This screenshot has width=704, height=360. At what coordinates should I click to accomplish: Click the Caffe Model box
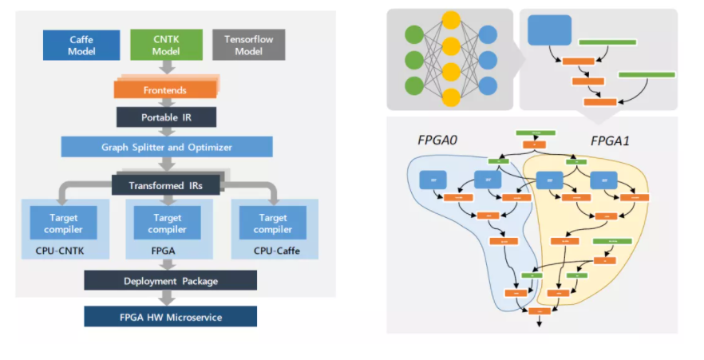(x=81, y=45)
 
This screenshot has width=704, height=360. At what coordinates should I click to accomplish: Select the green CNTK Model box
(x=166, y=45)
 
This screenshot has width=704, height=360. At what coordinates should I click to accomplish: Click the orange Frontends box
(x=165, y=89)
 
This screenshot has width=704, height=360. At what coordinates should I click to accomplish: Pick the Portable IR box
(x=166, y=117)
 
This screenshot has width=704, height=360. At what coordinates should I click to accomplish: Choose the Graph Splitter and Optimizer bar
(x=167, y=147)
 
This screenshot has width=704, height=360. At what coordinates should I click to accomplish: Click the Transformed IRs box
(x=166, y=184)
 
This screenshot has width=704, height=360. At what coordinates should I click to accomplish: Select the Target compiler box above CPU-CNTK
(x=63, y=223)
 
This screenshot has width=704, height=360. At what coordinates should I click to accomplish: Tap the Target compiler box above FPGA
(x=166, y=223)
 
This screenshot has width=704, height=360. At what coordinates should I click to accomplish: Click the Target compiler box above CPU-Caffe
(x=270, y=223)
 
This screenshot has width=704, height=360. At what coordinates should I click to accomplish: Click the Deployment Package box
(x=170, y=280)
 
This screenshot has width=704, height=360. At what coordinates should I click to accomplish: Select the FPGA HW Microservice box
(x=170, y=317)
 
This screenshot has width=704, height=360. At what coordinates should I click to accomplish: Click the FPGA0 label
(x=437, y=140)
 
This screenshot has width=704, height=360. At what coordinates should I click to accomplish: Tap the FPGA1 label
(x=611, y=140)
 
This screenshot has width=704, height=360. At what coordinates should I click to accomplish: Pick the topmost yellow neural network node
(x=451, y=20)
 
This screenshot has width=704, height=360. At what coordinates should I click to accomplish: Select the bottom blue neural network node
(x=488, y=85)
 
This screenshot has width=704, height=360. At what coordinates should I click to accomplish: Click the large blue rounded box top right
(x=549, y=30)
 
